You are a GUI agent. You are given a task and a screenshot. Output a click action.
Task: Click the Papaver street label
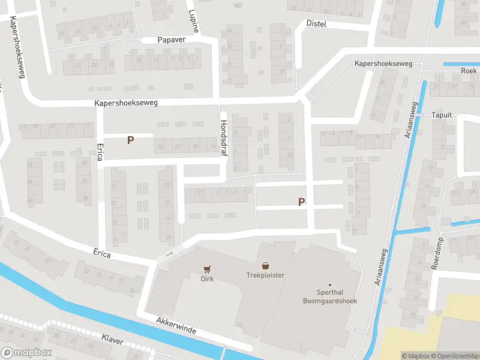[x=172, y=40]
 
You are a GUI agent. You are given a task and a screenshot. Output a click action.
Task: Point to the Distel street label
[x=316, y=23]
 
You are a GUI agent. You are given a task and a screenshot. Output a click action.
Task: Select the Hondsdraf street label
[x=223, y=135]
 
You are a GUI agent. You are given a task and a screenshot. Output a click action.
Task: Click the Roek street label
[x=469, y=70]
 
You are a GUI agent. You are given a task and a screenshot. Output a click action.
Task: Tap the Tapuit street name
[x=441, y=115]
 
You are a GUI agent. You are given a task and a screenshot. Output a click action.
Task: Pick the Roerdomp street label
[x=436, y=255]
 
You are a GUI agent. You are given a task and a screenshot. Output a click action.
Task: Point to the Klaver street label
[x=112, y=340]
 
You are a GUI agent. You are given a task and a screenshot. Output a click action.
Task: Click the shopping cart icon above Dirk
[x=208, y=269]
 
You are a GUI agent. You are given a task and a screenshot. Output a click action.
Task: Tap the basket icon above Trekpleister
[x=265, y=266]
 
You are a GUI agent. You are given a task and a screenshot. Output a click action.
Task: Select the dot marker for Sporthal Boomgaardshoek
[x=329, y=284]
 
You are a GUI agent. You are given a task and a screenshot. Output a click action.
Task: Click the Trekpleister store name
[x=265, y=275]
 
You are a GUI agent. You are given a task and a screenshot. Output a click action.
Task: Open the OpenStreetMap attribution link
[x=457, y=356]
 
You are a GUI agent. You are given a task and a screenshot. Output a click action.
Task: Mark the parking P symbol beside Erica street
[x=130, y=140]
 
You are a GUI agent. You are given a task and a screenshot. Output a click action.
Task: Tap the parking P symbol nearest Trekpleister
[x=301, y=203]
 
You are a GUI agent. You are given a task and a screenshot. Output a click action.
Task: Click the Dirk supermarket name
[x=208, y=278]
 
